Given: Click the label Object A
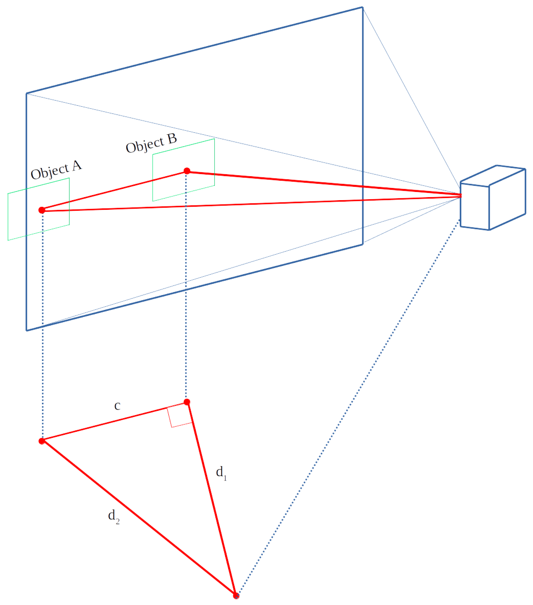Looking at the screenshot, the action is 56,170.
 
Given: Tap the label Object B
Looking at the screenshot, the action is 151,143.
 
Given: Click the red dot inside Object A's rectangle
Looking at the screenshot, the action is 42,210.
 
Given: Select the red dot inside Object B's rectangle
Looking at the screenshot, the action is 187,171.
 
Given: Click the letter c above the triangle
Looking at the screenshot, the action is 117,406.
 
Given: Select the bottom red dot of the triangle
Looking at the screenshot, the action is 236,596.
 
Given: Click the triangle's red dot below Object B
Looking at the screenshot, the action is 187,402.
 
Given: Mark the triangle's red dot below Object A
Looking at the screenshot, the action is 42,441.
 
